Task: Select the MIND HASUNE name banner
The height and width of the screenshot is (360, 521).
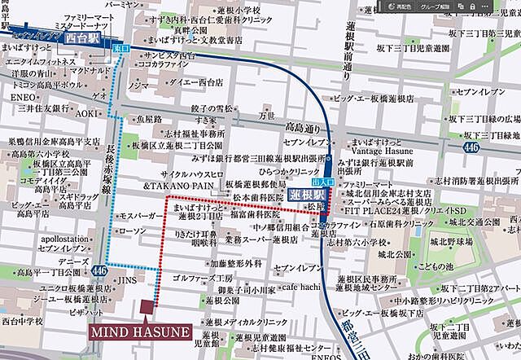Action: click(x=141, y=333)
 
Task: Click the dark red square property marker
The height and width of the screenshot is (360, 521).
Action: click(x=147, y=308)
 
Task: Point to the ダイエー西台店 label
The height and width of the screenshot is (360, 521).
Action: click(x=176, y=82)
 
